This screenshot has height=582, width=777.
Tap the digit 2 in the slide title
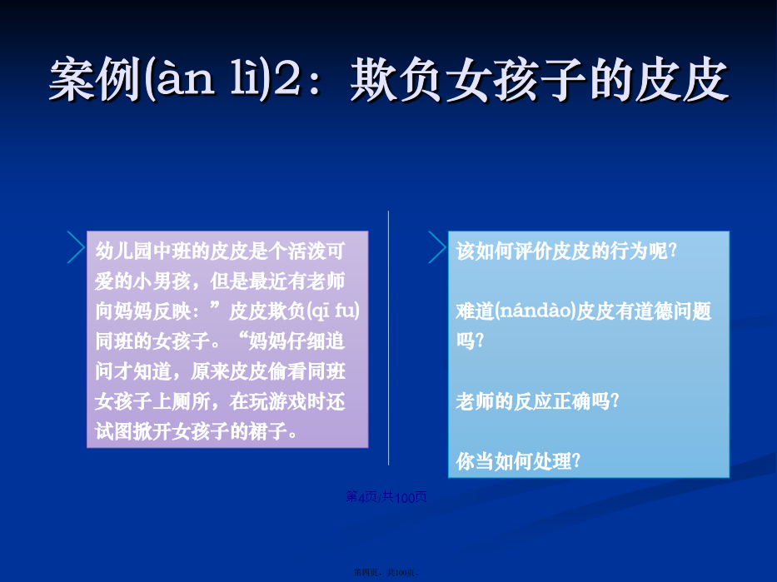(287, 79)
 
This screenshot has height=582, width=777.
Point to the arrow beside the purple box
(77, 247)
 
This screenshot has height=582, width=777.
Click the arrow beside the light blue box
(437, 247)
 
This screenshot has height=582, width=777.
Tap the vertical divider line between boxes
(388, 338)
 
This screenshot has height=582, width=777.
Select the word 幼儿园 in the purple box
(124, 251)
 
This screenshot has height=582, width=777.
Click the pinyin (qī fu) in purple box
(333, 311)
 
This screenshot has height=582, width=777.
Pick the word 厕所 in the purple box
(191, 401)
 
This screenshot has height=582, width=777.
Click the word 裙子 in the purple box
(268, 431)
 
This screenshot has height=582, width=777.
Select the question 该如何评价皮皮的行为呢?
(566, 251)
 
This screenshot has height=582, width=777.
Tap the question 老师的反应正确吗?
(538, 401)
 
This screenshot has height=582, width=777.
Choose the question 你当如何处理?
(518, 461)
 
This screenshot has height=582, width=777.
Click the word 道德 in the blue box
(654, 311)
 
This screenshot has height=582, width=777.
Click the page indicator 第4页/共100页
(386, 497)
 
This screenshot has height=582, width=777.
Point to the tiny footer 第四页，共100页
(386, 573)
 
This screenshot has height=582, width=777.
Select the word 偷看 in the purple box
(287, 371)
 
